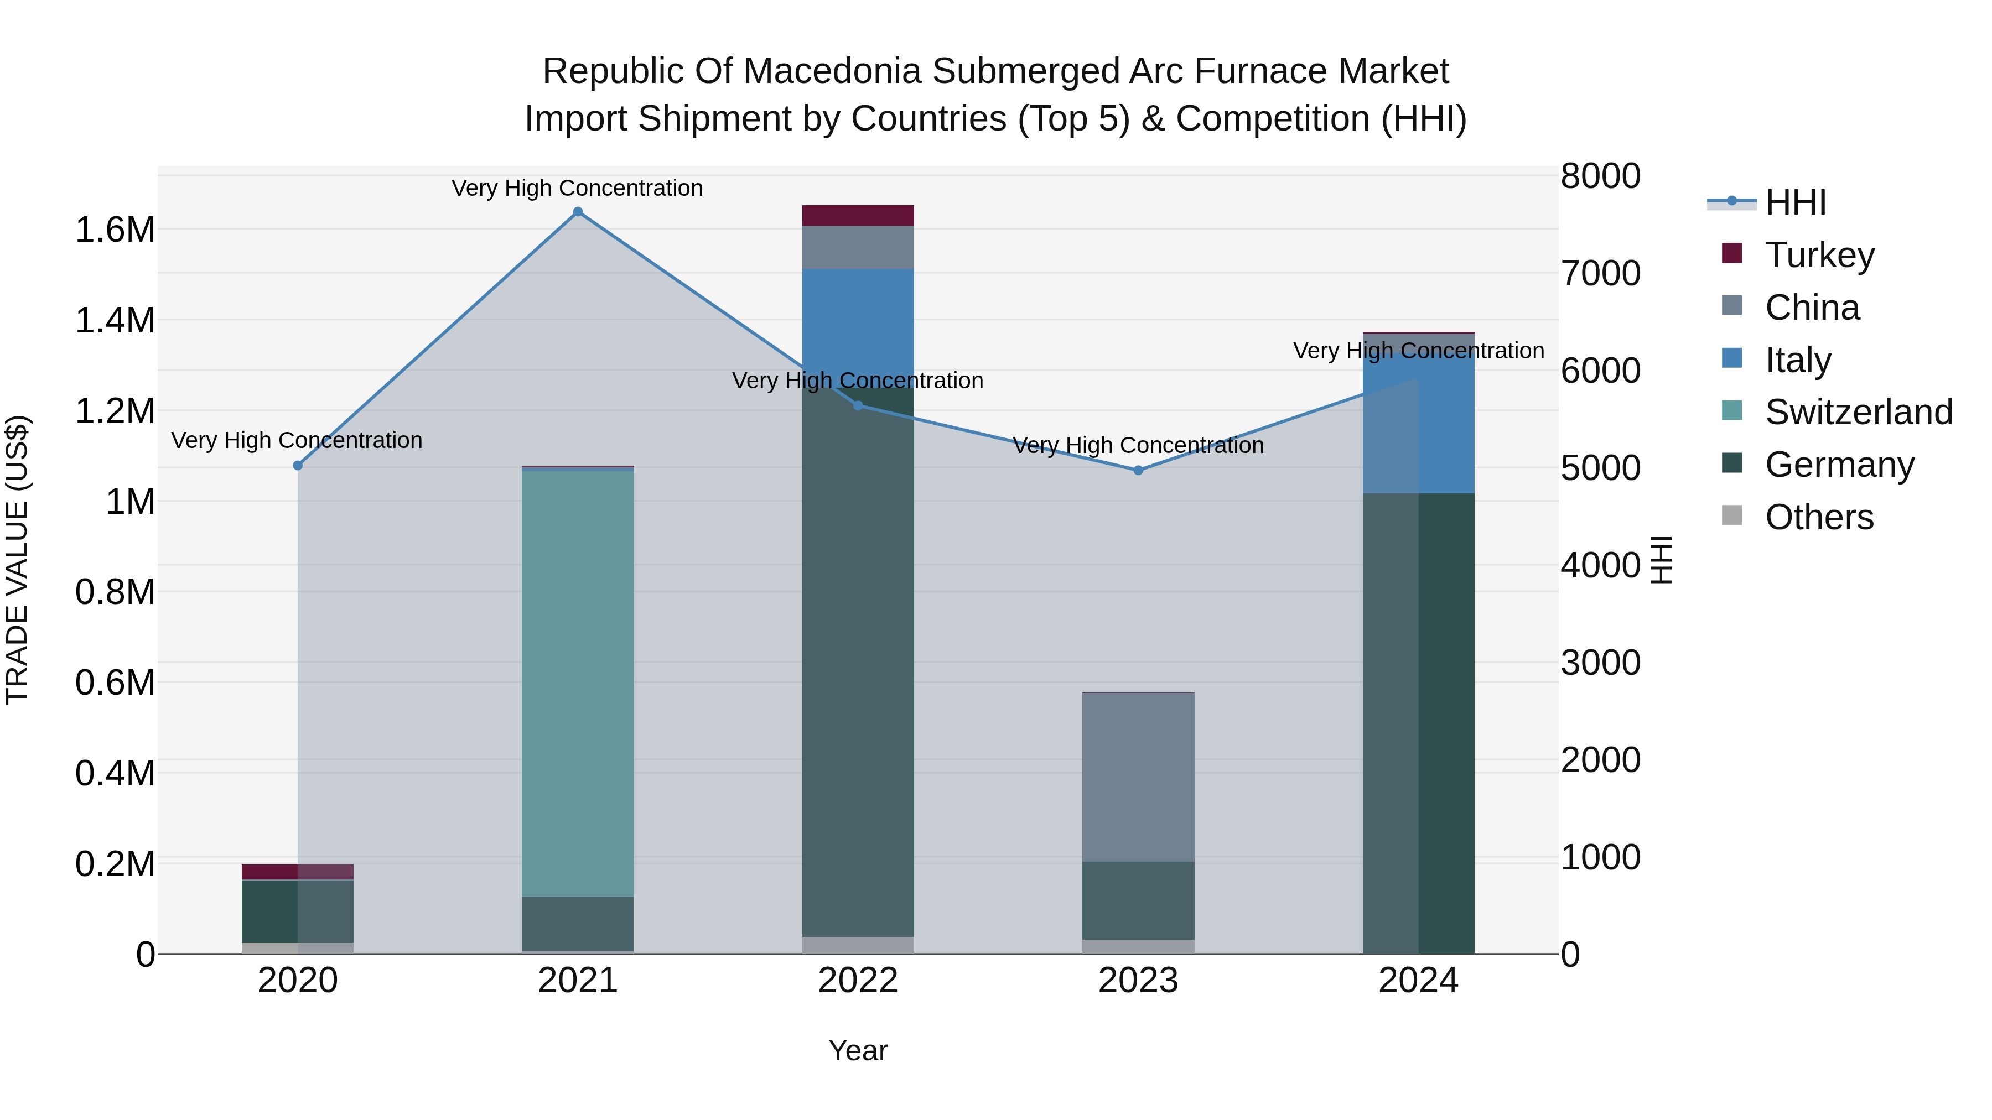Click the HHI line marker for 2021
pos(578,212)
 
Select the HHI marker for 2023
pos(1138,470)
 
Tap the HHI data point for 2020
pos(298,465)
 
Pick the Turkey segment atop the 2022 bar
pos(858,216)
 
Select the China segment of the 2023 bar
pos(1138,777)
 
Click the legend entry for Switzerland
pos(1858,412)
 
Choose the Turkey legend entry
pos(1819,255)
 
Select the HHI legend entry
pos(1795,202)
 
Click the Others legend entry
pos(1819,517)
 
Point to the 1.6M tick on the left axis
pos(115,230)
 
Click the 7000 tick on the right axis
pos(1600,274)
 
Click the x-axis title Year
pos(858,1050)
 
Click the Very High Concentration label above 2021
pos(577,188)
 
